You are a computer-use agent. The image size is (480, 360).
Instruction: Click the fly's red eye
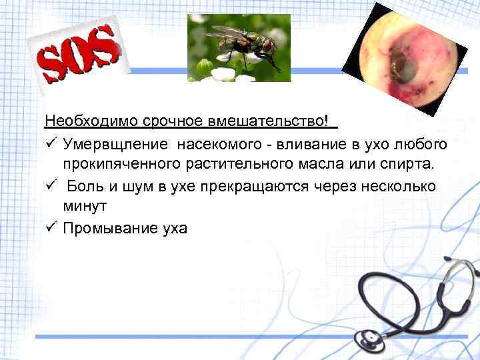(x=268, y=47)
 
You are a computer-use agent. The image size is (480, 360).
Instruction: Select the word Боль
(x=85, y=186)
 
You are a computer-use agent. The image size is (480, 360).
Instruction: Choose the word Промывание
(x=107, y=228)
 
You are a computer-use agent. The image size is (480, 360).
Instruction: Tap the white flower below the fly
(x=223, y=73)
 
